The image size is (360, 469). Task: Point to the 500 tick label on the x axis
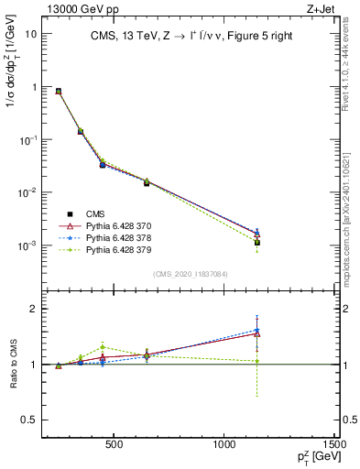115,444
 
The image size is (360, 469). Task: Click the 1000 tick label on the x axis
224,444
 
